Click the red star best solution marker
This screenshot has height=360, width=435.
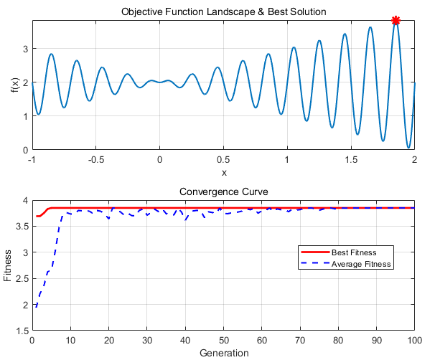(396, 21)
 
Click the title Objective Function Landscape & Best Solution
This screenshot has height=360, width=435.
(223, 12)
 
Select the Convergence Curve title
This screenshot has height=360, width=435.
(223, 192)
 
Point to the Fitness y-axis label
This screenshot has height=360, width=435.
(9, 266)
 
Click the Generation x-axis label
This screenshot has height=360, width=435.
(223, 353)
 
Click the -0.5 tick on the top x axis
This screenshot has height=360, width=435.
(95, 160)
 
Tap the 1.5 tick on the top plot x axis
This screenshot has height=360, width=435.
(351, 160)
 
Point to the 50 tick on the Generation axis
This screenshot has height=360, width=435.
(223, 341)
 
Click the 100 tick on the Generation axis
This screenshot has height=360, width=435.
(414, 341)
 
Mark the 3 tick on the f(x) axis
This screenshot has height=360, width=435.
(25, 49)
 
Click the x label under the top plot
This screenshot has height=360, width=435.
(223, 172)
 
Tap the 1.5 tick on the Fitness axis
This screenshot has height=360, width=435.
(22, 331)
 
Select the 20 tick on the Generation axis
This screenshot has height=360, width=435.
(109, 341)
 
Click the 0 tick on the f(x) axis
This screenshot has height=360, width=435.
(25, 150)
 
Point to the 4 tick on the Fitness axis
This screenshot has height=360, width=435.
(25, 201)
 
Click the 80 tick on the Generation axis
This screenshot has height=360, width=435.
(338, 341)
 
